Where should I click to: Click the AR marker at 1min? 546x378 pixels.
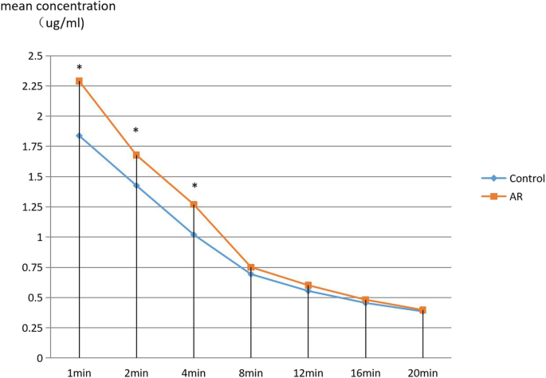point(79,81)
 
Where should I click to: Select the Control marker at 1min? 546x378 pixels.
point(79,136)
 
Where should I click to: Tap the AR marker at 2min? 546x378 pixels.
point(136,155)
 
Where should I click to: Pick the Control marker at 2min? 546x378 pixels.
point(136,185)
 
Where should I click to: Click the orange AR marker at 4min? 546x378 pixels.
point(194,204)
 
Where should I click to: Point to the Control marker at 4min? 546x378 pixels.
point(194,234)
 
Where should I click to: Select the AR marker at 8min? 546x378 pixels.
point(251,267)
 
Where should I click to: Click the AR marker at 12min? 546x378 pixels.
point(308,285)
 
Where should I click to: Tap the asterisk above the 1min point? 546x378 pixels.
point(79,69)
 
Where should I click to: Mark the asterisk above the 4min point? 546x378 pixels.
point(194,187)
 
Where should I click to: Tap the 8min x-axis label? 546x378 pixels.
point(250,372)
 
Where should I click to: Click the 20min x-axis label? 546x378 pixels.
point(422,372)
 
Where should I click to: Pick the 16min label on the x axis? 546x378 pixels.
point(365,372)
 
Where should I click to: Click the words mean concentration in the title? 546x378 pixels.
point(57,6)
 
